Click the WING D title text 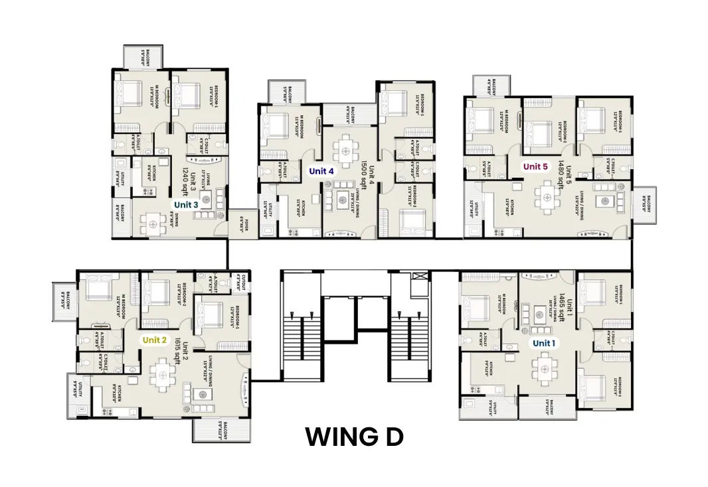click(x=354, y=437)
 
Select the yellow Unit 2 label click(x=154, y=340)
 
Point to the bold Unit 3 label click(x=186, y=205)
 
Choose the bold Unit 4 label click(x=321, y=171)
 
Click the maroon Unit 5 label click(x=535, y=167)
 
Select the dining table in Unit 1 click(x=545, y=368)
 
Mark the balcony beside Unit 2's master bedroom click(x=64, y=300)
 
